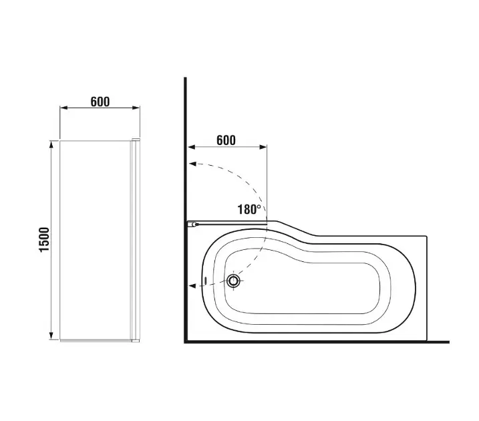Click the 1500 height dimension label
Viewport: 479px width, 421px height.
click(x=44, y=239)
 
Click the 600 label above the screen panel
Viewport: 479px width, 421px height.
click(x=100, y=102)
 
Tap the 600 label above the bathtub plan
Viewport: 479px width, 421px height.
click(x=226, y=140)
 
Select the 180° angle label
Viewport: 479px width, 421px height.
click(x=249, y=209)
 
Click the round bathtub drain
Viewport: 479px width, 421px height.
click(x=234, y=281)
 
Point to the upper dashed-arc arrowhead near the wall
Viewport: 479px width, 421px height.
click(x=192, y=164)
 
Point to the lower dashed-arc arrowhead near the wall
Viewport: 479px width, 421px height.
click(x=192, y=286)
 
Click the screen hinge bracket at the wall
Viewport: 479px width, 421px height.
click(x=192, y=225)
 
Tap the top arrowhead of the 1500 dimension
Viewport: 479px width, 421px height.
click(x=51, y=144)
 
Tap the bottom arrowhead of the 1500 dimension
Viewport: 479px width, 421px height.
click(x=51, y=335)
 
